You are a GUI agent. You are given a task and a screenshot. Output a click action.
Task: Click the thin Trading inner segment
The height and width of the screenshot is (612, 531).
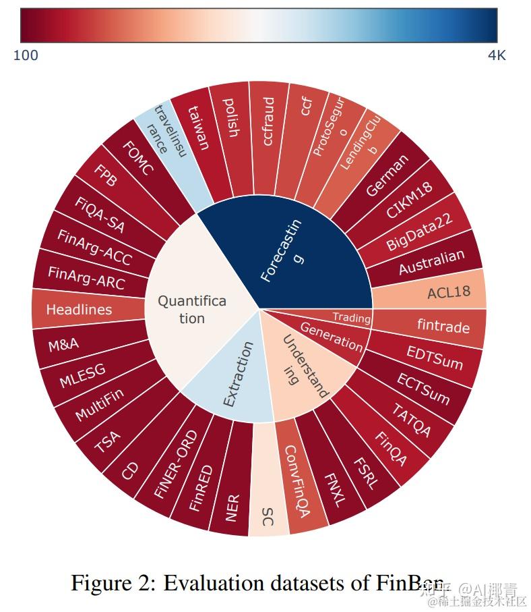(x=350, y=317)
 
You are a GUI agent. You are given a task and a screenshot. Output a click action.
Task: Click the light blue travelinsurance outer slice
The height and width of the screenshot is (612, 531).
(x=167, y=138)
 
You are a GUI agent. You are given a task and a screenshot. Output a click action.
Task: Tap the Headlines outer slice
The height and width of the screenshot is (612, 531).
(x=79, y=310)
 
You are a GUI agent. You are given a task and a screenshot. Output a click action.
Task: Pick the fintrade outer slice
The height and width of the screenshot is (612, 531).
(x=443, y=327)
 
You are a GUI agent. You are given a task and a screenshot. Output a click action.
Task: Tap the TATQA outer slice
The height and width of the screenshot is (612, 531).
(x=411, y=419)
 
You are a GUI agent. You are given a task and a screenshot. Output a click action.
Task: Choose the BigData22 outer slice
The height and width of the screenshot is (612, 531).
(x=419, y=233)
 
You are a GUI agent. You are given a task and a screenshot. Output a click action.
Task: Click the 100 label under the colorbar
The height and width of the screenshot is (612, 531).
(x=26, y=56)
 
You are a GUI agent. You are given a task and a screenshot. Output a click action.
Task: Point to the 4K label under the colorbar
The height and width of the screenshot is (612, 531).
(x=496, y=56)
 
